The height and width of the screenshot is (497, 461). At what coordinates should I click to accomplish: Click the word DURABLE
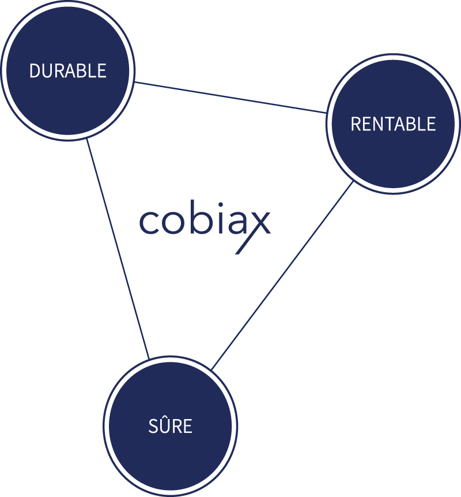(x=68, y=71)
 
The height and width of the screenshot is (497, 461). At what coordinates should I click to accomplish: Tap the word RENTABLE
(x=393, y=124)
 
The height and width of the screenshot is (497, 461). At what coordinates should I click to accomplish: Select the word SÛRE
(x=171, y=427)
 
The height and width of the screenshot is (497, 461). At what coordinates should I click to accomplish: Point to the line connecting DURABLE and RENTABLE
(x=231, y=97)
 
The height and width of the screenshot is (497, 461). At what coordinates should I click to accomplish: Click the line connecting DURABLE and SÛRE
(x=118, y=248)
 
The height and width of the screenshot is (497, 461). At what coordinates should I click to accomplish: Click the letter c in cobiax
(x=149, y=223)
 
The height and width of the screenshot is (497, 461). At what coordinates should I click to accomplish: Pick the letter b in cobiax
(x=196, y=219)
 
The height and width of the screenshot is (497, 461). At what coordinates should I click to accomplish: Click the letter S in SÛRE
(x=153, y=427)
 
